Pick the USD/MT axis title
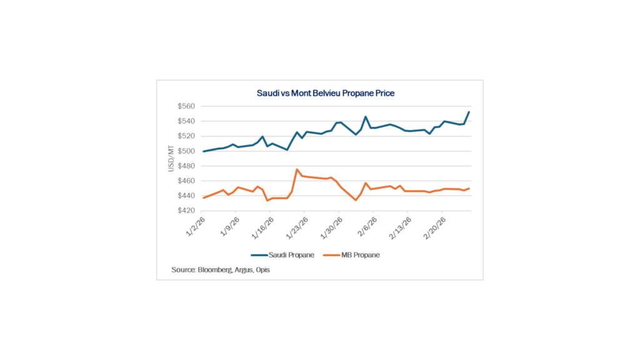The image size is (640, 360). [170, 159]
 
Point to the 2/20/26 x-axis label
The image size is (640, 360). [435, 226]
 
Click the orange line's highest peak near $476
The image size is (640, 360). [297, 169]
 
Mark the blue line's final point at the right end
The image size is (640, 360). [469, 112]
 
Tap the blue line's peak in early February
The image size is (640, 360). [366, 116]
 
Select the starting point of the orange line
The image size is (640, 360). [204, 197]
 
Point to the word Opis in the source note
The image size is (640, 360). [262, 270]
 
